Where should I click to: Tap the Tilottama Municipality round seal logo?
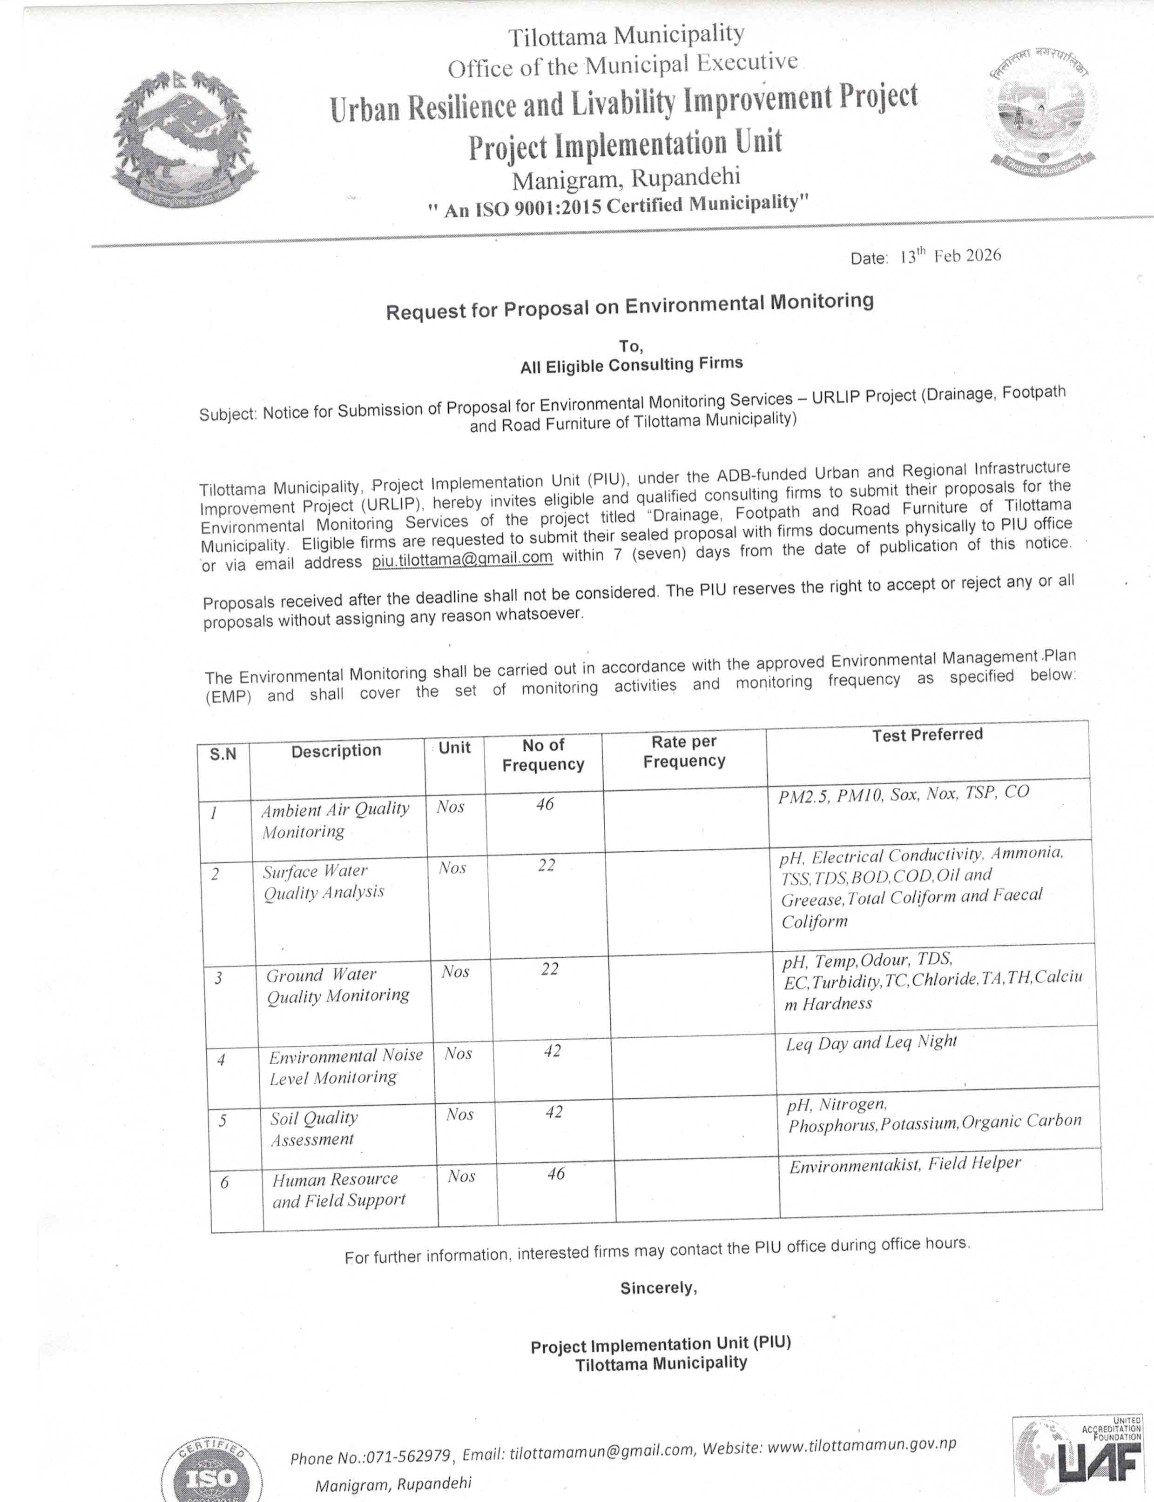pyautogui.click(x=1042, y=114)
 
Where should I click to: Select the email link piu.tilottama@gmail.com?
pyautogui.click(x=462, y=559)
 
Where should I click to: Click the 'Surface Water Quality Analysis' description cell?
pyautogui.click(x=324, y=881)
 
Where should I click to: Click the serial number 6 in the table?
pyautogui.click(x=224, y=1182)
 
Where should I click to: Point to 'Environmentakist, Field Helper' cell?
pyautogui.click(x=904, y=1164)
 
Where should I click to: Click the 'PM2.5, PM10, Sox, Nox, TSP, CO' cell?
pyautogui.click(x=903, y=794)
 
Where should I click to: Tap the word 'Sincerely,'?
pyautogui.click(x=658, y=1288)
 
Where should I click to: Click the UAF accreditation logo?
pyautogui.click(x=1078, y=1457)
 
